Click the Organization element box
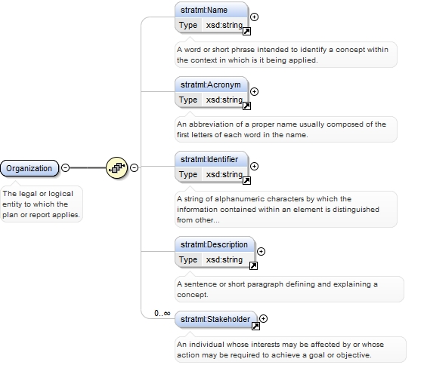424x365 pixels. [29, 168]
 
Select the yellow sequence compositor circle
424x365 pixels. [116, 168]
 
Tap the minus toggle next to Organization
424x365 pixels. [65, 168]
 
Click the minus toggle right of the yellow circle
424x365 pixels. [134, 168]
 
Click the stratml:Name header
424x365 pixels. [211, 11]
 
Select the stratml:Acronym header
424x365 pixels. [211, 85]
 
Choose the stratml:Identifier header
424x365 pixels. [211, 159]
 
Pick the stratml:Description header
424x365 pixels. [215, 244]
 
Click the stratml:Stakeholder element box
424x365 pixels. [216, 320]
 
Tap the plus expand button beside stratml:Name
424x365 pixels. [254, 17]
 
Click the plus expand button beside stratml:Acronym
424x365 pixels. [254, 92]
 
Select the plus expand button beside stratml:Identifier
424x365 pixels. [254, 166]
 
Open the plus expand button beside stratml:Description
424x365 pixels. [261, 251]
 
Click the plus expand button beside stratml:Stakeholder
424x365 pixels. [263, 318]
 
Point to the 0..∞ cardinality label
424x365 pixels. [162, 313]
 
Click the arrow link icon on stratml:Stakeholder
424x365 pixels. [255, 326]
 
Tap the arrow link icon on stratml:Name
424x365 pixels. [246, 31]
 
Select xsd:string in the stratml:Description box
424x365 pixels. [224, 259]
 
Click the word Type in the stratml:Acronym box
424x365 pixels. [188, 100]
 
